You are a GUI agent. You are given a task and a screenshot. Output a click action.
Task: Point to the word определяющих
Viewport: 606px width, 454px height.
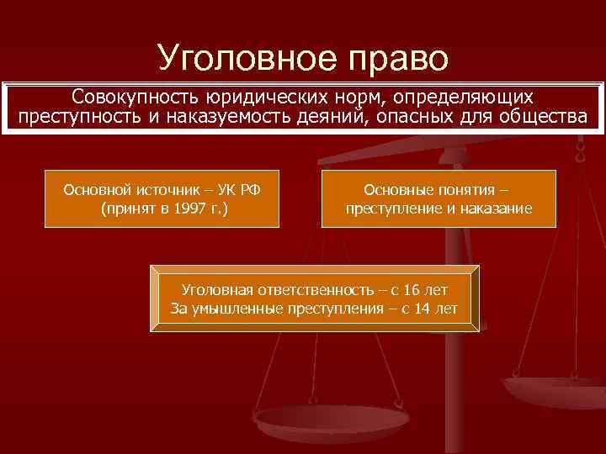click(472, 97)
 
